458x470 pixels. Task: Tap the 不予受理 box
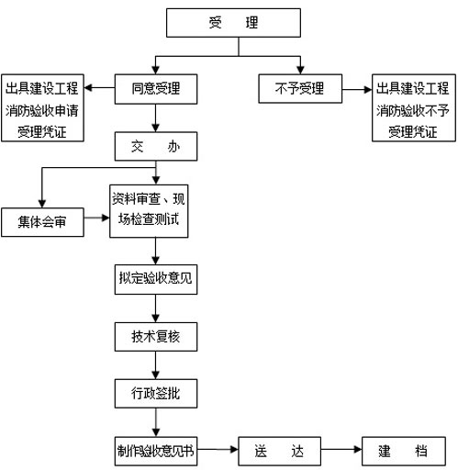pos(298,89)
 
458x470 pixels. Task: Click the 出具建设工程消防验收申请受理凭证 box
pos(42,109)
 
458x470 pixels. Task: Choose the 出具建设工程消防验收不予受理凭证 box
pos(412,109)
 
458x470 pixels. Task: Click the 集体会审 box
pos(41,220)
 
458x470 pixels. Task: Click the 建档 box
pos(401,452)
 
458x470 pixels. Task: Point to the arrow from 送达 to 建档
pos(340,452)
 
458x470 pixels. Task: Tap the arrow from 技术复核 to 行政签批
pos(155,364)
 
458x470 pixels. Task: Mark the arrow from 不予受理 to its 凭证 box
pos(355,89)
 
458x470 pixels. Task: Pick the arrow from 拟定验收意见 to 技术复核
pos(155,308)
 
